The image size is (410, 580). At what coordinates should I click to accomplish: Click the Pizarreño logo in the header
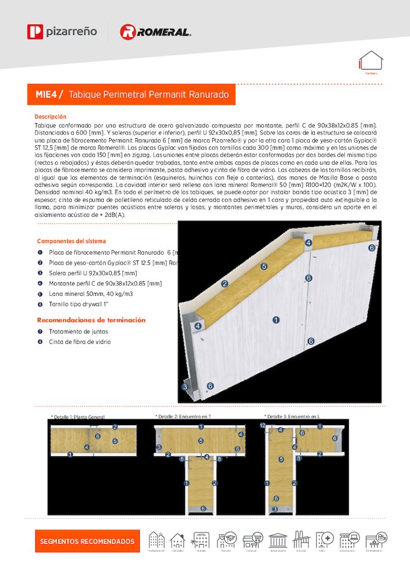coord(62,31)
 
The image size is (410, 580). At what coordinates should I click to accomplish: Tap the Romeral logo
coord(155,32)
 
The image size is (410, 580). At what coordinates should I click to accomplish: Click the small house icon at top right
coord(371,61)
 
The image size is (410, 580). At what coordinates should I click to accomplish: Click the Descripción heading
coord(50,117)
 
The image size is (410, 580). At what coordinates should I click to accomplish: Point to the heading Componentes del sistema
coord(71,241)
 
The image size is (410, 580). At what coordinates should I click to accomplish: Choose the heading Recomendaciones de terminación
coord(91,320)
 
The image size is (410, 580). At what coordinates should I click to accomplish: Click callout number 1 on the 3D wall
coord(276,319)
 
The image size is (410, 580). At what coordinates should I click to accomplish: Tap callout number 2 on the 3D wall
coord(224,284)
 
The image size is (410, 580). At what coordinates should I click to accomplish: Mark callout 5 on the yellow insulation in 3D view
coord(264,266)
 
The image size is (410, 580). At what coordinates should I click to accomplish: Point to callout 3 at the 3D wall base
coord(185,386)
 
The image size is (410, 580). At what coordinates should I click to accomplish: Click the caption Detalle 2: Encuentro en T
coord(184,416)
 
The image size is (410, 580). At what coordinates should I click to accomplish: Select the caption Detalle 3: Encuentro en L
coord(292,416)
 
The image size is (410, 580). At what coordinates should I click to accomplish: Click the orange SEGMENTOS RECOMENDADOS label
coord(87,541)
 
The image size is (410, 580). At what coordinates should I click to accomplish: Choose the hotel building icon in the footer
coord(202,540)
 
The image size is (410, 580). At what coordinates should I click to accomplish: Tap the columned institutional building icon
coord(278,540)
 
